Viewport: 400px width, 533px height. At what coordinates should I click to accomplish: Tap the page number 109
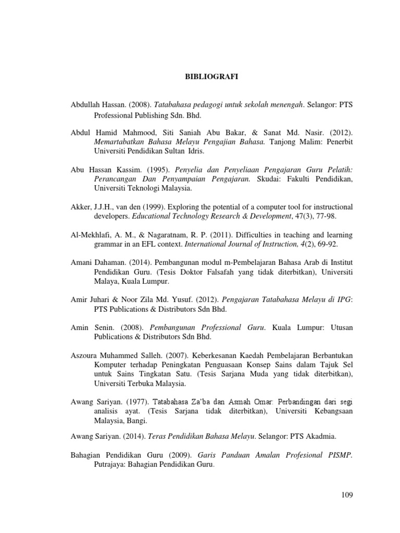(346, 495)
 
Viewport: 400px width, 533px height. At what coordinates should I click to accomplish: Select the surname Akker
(81, 207)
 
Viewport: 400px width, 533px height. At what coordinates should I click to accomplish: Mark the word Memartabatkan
(119, 141)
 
